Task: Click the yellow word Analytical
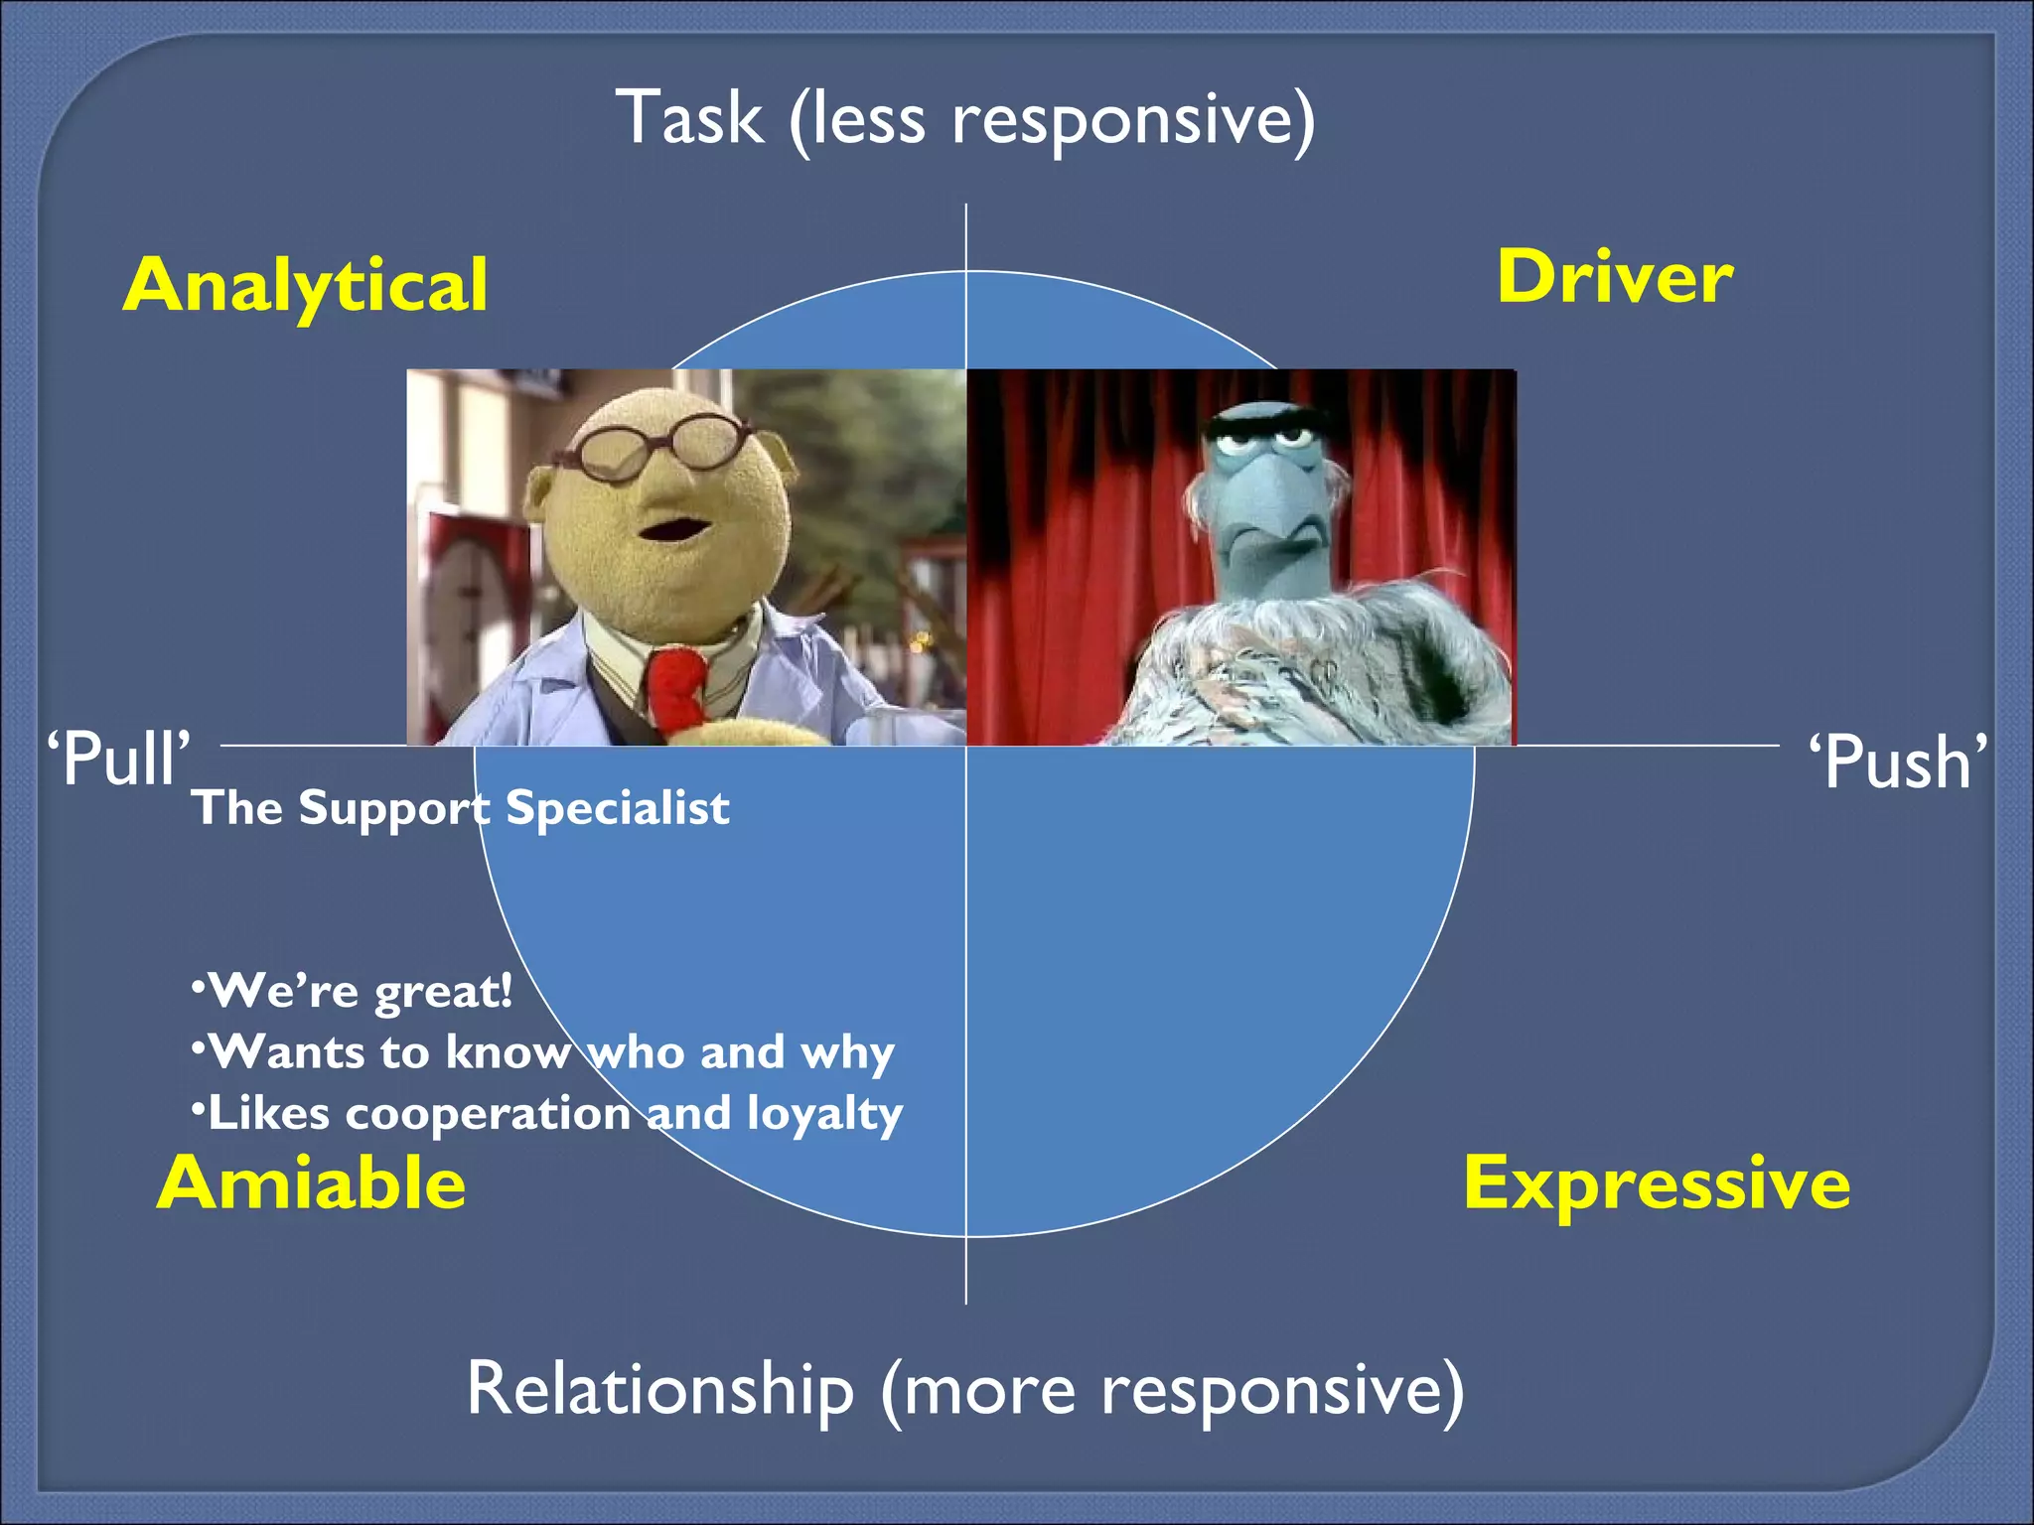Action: [x=305, y=285]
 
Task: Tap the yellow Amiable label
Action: [x=311, y=1183]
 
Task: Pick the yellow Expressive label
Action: [x=1657, y=1183]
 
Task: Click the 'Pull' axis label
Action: [x=118, y=760]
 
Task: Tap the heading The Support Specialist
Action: [x=461, y=807]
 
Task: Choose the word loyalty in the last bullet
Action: [x=824, y=1114]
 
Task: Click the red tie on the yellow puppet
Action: [x=677, y=685]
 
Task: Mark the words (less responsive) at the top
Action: [x=1052, y=120]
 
